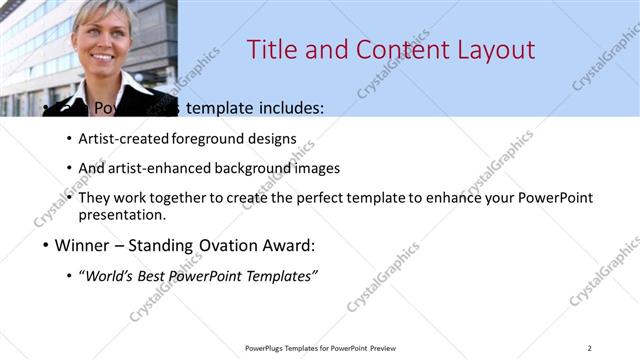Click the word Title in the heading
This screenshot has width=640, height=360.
[272, 50]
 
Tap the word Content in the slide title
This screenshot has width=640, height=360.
[392, 50]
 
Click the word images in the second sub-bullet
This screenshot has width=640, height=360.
[321, 168]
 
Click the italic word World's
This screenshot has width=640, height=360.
[112, 276]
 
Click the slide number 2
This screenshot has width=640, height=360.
[589, 348]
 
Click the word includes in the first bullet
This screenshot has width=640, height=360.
[291, 108]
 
